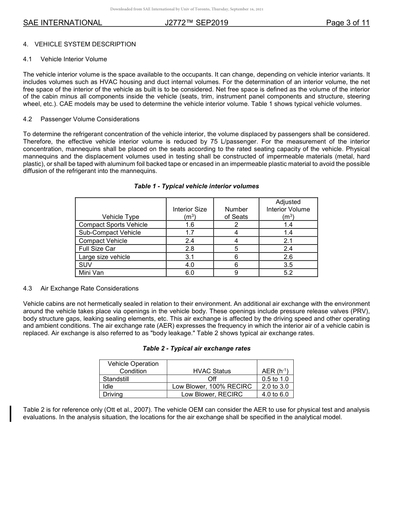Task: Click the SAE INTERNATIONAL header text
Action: point(62,23)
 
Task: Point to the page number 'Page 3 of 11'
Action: point(347,23)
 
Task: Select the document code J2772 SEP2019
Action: point(196,23)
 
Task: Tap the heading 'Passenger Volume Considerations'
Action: point(90,119)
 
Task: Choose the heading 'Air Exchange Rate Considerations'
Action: point(89,288)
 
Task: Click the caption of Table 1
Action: point(196,186)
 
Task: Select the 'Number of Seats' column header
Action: point(236,213)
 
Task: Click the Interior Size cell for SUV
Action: point(189,265)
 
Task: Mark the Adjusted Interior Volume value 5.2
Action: point(288,273)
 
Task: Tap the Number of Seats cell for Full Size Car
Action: point(236,249)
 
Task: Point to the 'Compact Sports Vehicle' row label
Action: point(113,225)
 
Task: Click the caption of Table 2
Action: point(196,348)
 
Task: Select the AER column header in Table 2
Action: point(275,371)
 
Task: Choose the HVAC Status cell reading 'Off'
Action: point(212,379)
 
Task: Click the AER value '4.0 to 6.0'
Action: point(275,394)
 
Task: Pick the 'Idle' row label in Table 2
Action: point(108,387)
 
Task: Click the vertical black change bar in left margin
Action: point(11,414)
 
